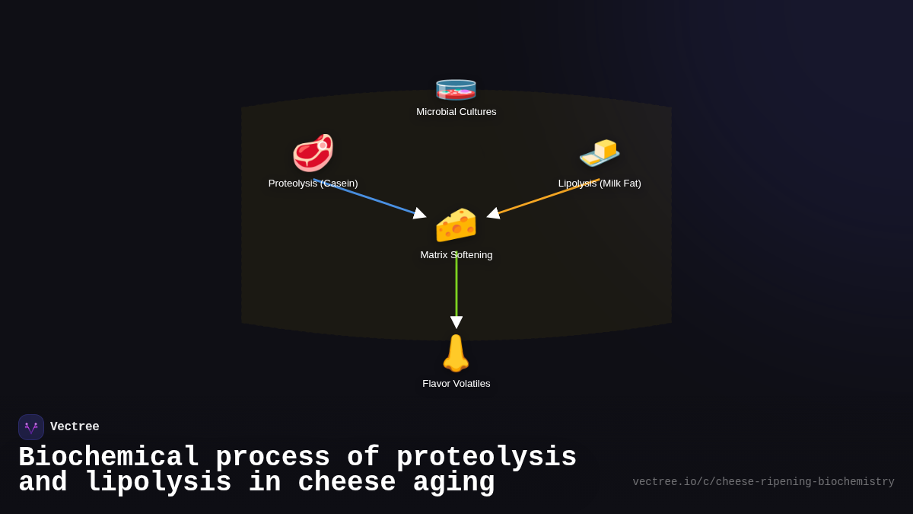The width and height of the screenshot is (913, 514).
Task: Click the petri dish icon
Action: click(456, 88)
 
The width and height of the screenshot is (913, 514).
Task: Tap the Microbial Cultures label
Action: click(456, 112)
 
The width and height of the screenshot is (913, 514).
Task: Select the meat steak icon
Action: click(313, 152)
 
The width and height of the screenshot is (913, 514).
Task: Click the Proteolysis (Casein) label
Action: click(313, 184)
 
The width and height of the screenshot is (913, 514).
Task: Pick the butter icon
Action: click(600, 152)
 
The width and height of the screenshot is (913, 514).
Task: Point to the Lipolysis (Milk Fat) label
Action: click(600, 184)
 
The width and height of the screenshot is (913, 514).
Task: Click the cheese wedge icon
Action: click(456, 225)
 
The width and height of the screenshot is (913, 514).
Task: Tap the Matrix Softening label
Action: click(456, 255)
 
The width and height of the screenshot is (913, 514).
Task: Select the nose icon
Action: click(456, 353)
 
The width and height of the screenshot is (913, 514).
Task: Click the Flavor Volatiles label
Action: click(456, 384)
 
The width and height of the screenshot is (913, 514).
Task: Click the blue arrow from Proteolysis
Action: click(369, 198)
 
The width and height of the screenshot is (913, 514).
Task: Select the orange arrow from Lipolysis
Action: click(544, 198)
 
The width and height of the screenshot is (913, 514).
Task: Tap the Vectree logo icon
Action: click(31, 427)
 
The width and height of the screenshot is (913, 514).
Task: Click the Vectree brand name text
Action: click(75, 427)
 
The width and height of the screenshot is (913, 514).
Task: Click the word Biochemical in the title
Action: click(109, 458)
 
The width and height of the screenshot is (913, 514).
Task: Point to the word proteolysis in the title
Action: click(486, 458)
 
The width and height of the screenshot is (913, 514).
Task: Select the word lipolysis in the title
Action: click(158, 483)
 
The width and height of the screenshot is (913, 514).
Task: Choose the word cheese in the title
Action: click(347, 483)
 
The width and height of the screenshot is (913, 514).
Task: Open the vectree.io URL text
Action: click(763, 482)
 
